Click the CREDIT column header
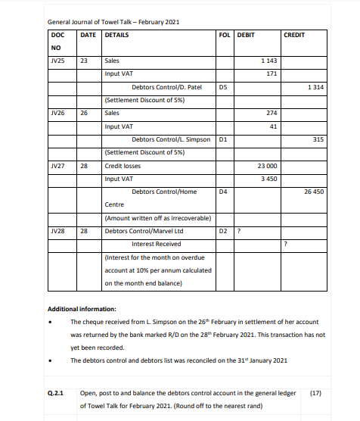(x=294, y=35)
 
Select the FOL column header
(x=223, y=35)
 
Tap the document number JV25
(x=57, y=60)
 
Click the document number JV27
(x=57, y=165)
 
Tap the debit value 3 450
(x=268, y=179)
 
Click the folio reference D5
(x=222, y=87)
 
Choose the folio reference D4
(x=222, y=192)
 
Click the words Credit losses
(x=122, y=165)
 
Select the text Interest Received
(x=156, y=244)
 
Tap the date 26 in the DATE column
(x=85, y=113)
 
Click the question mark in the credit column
(x=285, y=244)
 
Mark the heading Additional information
(x=82, y=309)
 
